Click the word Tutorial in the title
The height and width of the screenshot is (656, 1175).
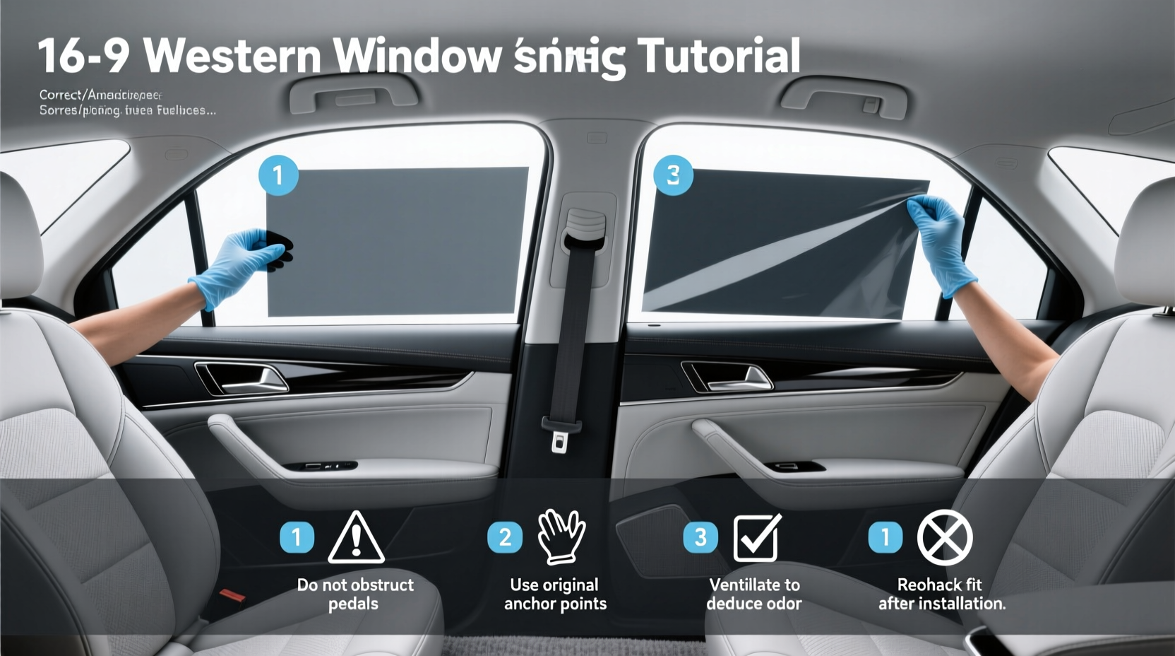pyautogui.click(x=718, y=56)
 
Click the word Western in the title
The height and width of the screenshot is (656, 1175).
pyautogui.click(x=232, y=56)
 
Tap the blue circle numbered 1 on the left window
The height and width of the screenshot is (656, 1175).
pyautogui.click(x=278, y=175)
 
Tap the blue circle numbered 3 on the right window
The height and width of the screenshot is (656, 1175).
pyautogui.click(x=673, y=175)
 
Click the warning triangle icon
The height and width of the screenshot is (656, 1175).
pyautogui.click(x=357, y=539)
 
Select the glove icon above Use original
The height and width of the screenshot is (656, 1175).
pyautogui.click(x=561, y=537)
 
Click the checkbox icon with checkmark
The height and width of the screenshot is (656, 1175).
pyautogui.click(x=756, y=538)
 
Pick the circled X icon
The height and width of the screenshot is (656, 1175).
pyautogui.click(x=945, y=537)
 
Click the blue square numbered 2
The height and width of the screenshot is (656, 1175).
pyautogui.click(x=505, y=537)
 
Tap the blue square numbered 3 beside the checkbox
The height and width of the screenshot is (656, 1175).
pyautogui.click(x=700, y=537)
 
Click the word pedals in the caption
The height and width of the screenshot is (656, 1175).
pyautogui.click(x=353, y=604)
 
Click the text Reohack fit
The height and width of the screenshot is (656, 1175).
pyautogui.click(x=939, y=585)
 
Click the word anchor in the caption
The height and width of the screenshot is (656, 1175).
pyautogui.click(x=529, y=604)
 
